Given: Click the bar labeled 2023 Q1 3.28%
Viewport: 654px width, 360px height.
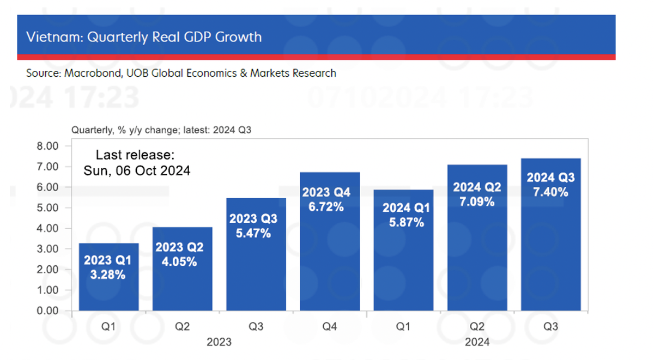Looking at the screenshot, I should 108,277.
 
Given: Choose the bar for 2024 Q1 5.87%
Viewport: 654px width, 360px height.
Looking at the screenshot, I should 403,250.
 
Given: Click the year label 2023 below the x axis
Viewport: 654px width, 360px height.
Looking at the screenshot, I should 219,342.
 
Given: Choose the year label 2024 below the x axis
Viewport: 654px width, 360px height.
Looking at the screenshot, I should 477,342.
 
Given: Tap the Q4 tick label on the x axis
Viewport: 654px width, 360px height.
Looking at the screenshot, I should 330,326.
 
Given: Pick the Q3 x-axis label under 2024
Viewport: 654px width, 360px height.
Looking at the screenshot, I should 550,326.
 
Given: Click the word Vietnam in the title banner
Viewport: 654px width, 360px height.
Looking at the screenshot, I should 46,37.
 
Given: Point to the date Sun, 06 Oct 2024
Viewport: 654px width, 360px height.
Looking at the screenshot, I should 137,170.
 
